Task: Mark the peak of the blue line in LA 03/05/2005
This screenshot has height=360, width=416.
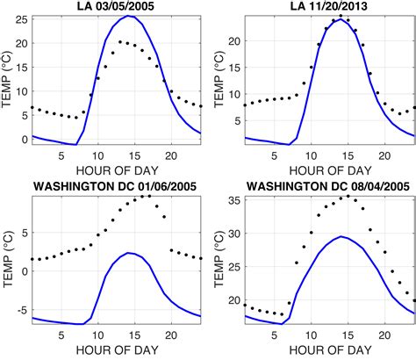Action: click(129, 16)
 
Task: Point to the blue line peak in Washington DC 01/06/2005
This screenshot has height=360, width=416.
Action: click(129, 253)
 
